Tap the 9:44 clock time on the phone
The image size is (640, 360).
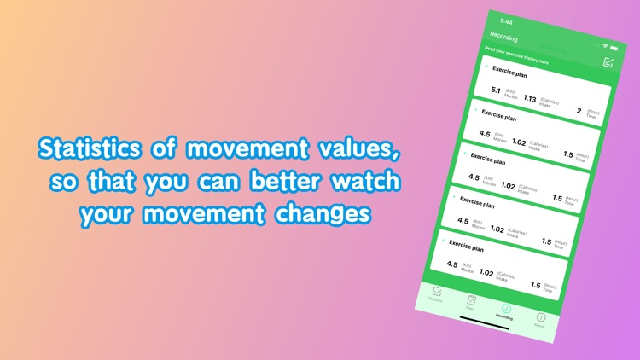pos(507,21)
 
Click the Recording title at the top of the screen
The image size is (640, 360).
pos(503,36)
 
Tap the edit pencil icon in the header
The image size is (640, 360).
pos(608,61)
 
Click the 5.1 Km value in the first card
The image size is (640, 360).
pos(496,90)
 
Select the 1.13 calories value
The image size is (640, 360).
pos(530,98)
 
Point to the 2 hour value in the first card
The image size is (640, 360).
pos(579,110)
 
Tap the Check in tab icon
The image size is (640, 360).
pos(437,292)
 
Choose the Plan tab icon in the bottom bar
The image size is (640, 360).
pos(471,300)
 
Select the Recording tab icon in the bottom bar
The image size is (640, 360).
pos(506,308)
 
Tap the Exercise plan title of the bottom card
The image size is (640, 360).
pos(466,248)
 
